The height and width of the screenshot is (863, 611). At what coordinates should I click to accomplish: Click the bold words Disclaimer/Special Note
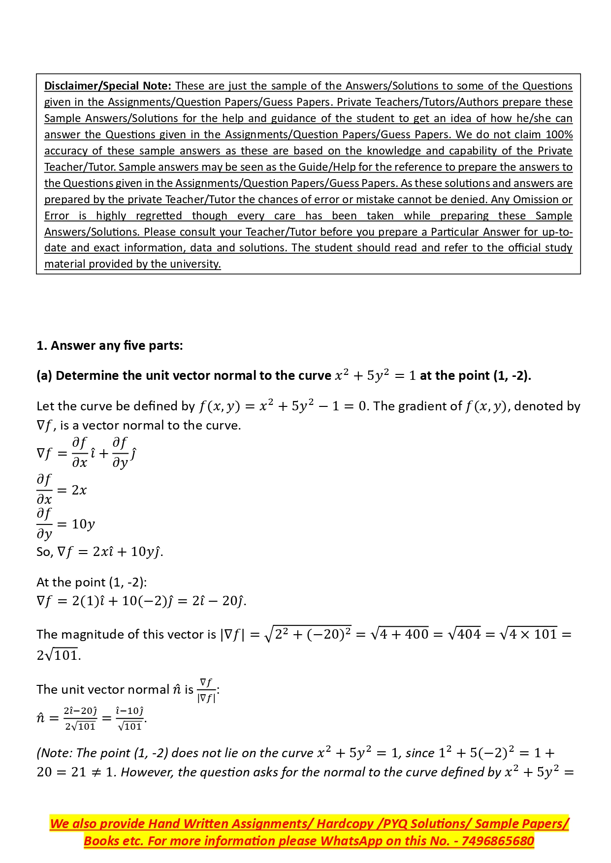pyautogui.click(x=107, y=86)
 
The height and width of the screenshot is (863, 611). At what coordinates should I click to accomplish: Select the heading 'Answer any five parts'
pyautogui.click(x=109, y=346)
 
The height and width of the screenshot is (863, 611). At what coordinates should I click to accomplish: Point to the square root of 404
pyautogui.click(x=464, y=634)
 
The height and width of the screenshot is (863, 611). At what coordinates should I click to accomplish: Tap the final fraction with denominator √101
pyautogui.click(x=129, y=718)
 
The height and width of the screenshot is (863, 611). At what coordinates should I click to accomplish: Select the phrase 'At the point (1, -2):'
pyautogui.click(x=92, y=583)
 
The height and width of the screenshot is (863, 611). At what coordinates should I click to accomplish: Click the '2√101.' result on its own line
pyautogui.click(x=59, y=655)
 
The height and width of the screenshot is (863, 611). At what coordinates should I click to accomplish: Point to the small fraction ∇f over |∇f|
pyautogui.click(x=206, y=690)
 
